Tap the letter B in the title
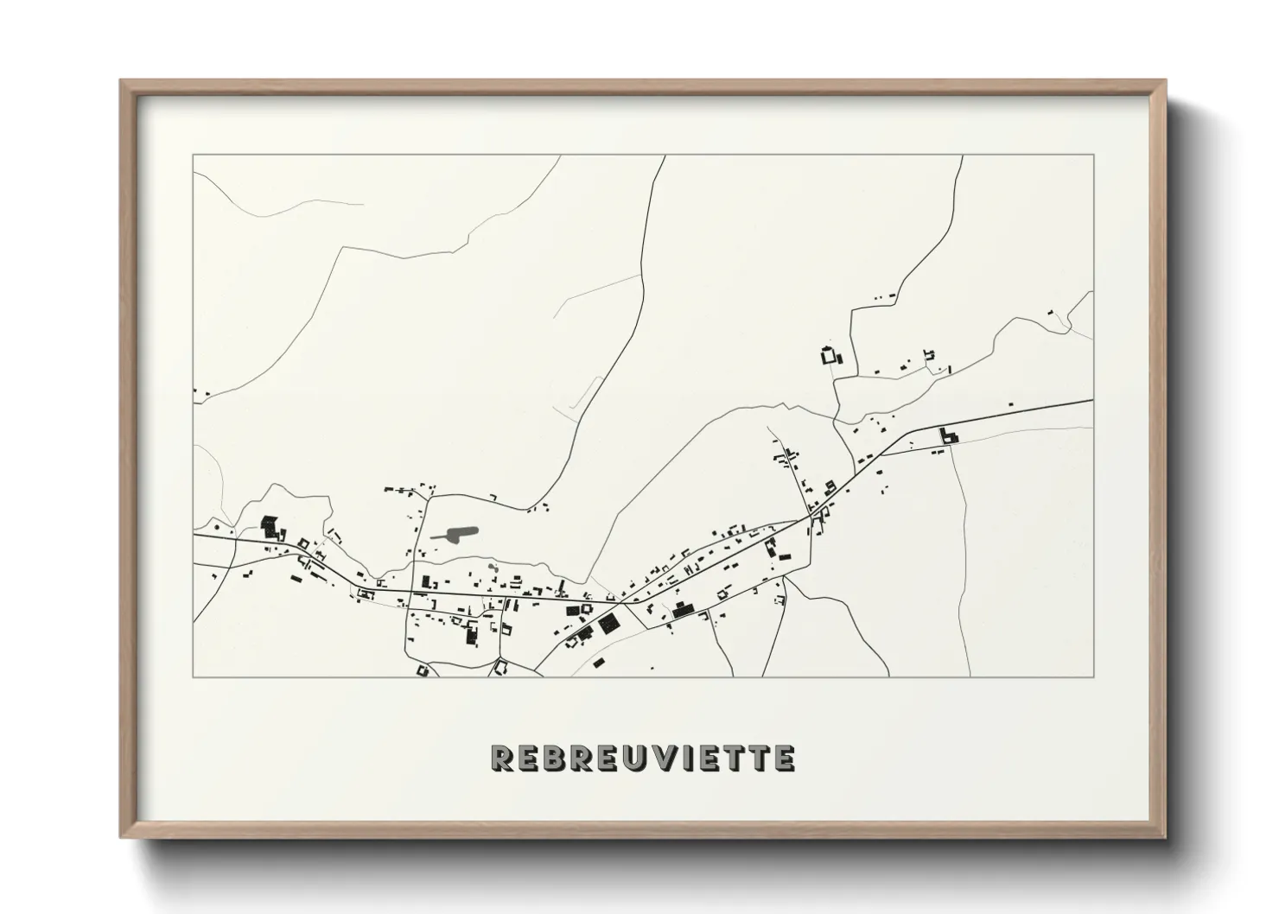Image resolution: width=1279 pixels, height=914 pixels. coord(553,758)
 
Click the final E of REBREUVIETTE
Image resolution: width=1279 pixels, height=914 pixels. coord(783,758)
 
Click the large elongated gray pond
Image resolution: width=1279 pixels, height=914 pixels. coord(455,533)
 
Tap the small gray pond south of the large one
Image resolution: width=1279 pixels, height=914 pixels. coord(492,567)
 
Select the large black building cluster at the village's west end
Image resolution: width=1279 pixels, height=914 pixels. coord(273,527)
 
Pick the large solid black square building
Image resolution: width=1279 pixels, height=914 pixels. coord(608,623)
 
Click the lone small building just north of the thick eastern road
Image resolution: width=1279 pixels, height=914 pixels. coord(1011,403)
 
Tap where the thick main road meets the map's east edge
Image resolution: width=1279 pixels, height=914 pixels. coord(1092,401)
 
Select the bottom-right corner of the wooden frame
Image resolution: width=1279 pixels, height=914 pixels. coord(1165,838)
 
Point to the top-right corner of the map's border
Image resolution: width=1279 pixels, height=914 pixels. coord(1093,156)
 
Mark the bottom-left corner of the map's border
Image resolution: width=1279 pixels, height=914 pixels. coord(194,676)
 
